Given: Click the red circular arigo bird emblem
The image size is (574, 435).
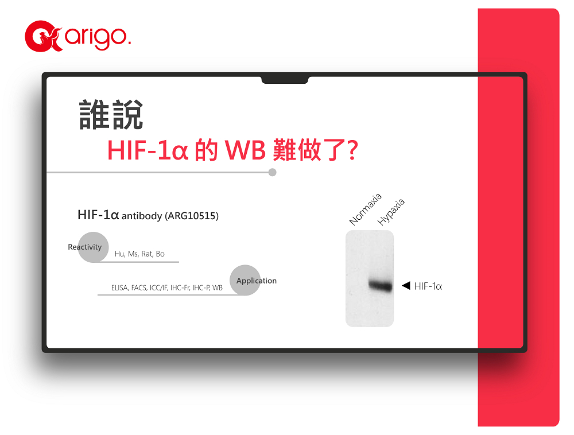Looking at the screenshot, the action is tap(42, 36).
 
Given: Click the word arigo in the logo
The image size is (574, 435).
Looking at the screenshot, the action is tap(98, 36).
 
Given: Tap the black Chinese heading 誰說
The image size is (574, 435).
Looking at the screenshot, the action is tap(111, 115).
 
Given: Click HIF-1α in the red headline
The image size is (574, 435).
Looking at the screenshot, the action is tap(148, 150).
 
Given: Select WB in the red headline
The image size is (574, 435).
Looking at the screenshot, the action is tap(245, 150).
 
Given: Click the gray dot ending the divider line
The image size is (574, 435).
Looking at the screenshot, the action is tap(272, 172).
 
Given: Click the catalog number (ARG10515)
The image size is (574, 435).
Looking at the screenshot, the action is tap(192, 216).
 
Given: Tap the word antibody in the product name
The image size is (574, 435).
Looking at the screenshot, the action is tap(142, 216).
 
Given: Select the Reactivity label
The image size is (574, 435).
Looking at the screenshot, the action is tap(84, 247).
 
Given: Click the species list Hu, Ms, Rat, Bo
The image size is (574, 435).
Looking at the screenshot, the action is tap(139, 254).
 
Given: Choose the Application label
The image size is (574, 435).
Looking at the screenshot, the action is tap(256, 281).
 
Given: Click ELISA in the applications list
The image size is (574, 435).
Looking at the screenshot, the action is tap(120, 288).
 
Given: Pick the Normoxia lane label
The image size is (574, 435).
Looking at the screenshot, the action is tap(365, 209).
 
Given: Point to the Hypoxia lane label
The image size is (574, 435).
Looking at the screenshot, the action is tap(391, 212).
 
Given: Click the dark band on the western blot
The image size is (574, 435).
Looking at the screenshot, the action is tap(381, 285).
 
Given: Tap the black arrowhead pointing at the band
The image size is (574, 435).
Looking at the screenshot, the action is tap(406, 285).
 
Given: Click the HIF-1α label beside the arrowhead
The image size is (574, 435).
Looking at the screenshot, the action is tap(428, 286).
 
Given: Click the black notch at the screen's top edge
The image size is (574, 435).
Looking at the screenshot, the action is tap(285, 80).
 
